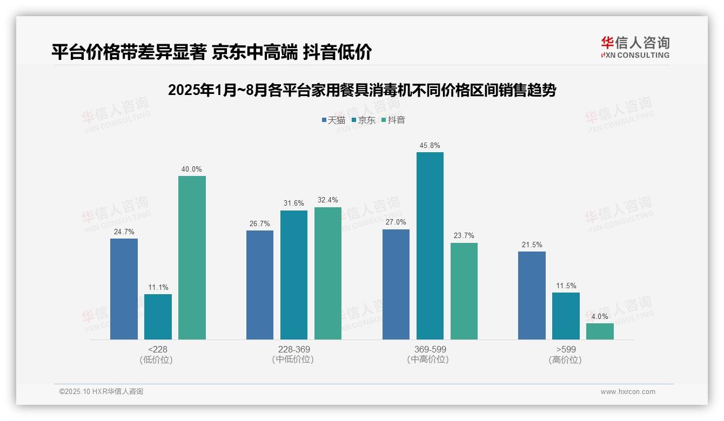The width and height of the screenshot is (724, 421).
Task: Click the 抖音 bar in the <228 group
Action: point(192,257)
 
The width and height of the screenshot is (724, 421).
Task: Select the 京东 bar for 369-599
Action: point(430,246)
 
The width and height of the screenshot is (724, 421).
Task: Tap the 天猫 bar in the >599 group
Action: point(532,295)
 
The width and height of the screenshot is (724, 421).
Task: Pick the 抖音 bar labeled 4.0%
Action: point(600,331)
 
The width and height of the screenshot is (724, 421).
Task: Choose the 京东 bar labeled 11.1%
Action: point(158,316)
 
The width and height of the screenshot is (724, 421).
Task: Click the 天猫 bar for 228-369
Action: point(260,284)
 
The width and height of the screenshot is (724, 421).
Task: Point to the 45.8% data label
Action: point(430,145)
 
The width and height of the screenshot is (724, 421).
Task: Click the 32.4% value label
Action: point(327,200)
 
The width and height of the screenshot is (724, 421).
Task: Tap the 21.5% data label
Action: point(532,245)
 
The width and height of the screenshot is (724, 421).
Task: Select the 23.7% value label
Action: point(464,236)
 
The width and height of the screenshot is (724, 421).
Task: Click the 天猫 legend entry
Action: point(333,120)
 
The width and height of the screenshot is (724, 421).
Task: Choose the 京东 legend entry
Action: point(363,120)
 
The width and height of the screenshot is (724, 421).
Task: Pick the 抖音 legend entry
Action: point(393,120)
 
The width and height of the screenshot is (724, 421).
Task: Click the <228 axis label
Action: point(157,349)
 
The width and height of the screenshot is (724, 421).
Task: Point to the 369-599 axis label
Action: point(430,349)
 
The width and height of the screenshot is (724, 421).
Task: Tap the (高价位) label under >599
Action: point(566,359)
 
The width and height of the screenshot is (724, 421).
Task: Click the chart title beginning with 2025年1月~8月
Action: point(362,90)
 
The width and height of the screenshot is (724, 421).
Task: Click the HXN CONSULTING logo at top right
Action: point(635,47)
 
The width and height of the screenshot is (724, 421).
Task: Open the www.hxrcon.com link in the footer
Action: point(628,392)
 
